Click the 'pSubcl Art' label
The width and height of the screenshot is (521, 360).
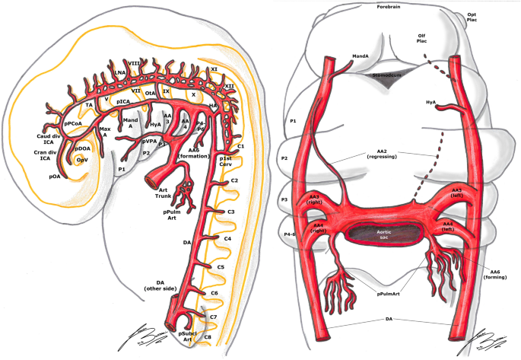pos(187,336)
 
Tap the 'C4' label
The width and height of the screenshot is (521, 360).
pos(227,239)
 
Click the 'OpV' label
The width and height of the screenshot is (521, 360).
pos(81,161)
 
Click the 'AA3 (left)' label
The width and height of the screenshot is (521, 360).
pos(456,193)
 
